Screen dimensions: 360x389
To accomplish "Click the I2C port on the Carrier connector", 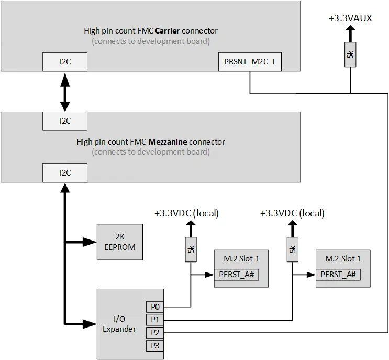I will pos(65,62).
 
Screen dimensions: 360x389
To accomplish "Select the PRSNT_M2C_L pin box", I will pos(250,62).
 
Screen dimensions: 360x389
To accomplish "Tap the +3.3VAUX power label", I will pos(350,18).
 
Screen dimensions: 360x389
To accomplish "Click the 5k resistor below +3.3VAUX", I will pos(350,54).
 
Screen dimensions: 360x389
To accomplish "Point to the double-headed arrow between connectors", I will pos(65,92).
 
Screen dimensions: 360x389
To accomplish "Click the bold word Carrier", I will pos(171,30).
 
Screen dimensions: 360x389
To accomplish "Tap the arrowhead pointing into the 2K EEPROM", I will pos(92,242).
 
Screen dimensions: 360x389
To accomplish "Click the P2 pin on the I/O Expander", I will pos(154,332).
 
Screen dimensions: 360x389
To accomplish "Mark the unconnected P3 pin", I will pos(154,345).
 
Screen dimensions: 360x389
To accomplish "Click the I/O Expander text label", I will pos(119,324).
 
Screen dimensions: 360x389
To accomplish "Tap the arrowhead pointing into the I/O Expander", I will pos(92,324).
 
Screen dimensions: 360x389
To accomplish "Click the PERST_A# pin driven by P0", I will pos(236,274).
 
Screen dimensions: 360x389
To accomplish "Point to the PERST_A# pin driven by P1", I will pos(338,274).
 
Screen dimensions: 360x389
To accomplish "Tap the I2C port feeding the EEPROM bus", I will pos(65,172).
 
